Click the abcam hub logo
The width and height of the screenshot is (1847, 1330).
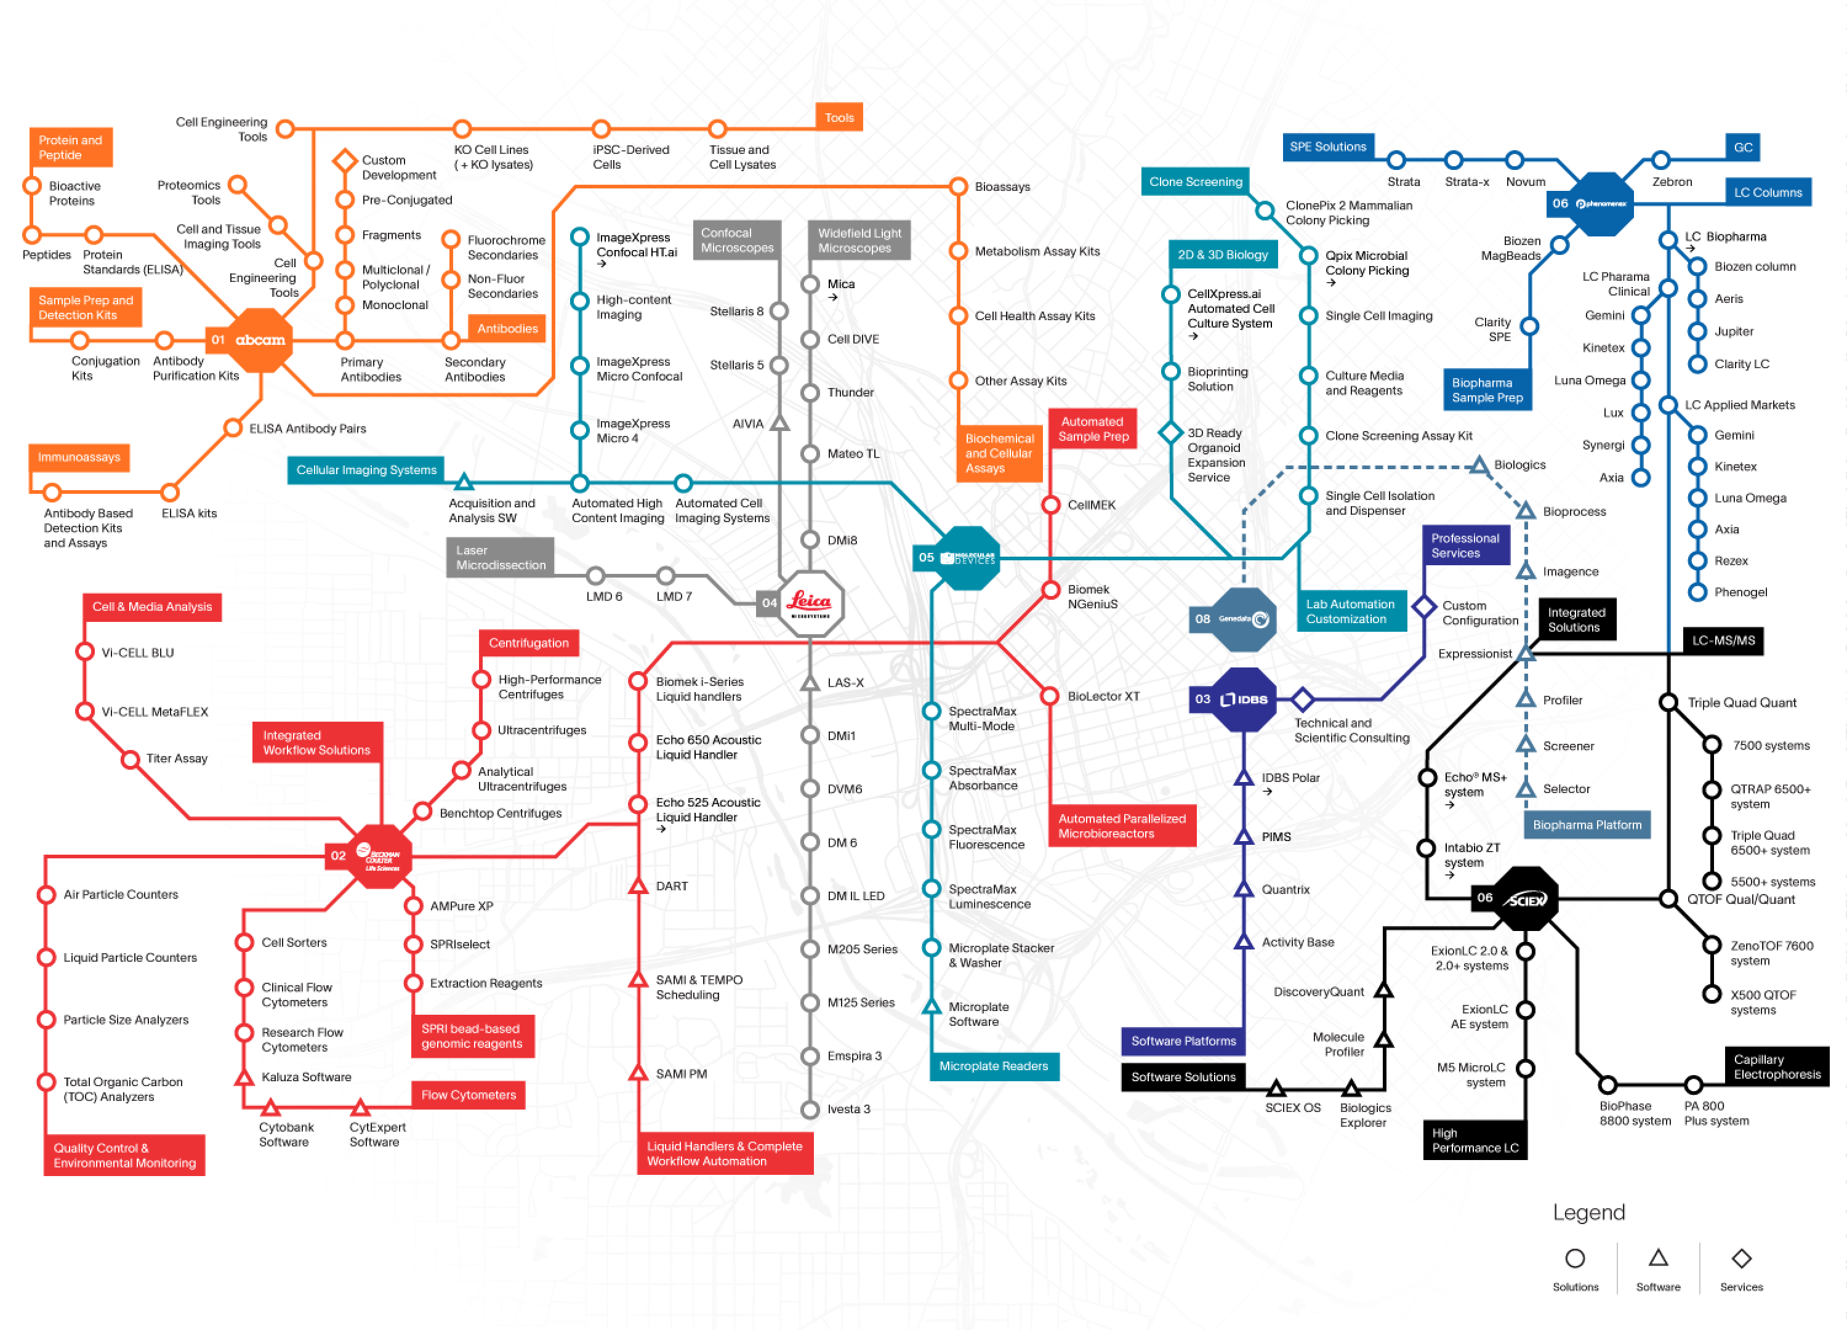coord(260,340)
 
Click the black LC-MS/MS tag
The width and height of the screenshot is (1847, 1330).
coord(1723,640)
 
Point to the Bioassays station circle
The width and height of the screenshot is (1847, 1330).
coord(959,187)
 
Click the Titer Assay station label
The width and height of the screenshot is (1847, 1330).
coord(177,758)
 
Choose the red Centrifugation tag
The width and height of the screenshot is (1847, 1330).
coord(528,643)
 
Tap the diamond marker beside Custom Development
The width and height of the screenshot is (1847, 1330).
coord(345,161)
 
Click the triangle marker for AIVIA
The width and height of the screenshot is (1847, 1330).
coord(779,424)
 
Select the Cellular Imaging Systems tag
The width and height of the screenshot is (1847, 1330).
coord(366,470)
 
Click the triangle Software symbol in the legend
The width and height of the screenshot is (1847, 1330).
coord(1658,1259)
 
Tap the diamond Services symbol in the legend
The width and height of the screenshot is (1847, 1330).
coord(1741,1259)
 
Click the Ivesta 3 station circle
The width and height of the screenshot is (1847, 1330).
coord(810,1110)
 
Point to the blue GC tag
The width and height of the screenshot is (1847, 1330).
coord(1743,147)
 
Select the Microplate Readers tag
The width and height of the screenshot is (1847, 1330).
coord(994,1066)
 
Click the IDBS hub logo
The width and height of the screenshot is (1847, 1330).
coord(1244,699)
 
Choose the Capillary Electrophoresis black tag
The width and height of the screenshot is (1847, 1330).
coord(1777,1067)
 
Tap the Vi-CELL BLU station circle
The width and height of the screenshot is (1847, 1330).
coord(85,652)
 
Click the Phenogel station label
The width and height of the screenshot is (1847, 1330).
coord(1740,592)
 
